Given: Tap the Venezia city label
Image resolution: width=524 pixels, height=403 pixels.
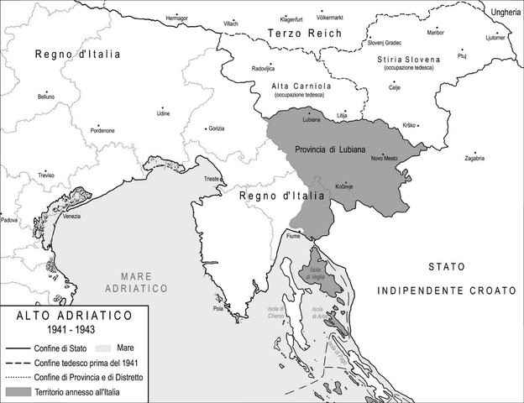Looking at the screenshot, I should pos(71,217).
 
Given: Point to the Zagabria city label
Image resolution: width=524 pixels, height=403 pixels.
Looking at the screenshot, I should pos(474,159).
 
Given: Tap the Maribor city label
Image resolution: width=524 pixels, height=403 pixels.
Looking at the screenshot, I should pos(436,32).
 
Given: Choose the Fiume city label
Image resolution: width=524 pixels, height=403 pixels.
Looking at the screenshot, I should pos(292,237).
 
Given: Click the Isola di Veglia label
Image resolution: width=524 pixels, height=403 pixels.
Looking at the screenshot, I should pos(316,273).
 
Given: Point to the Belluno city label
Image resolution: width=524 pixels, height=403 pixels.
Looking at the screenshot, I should pos(45,97).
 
